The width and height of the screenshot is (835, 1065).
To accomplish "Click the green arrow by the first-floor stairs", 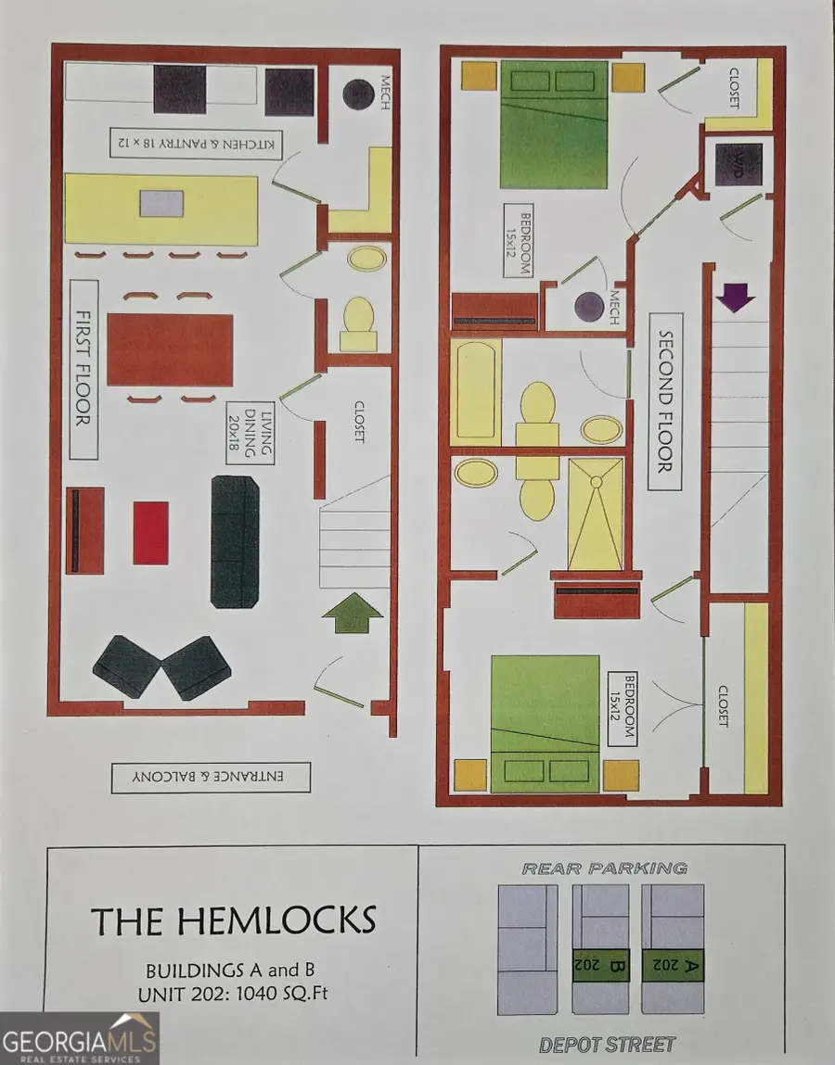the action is pyautogui.click(x=351, y=613).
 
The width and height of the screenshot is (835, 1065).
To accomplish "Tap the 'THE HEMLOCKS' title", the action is pyautogui.click(x=233, y=920).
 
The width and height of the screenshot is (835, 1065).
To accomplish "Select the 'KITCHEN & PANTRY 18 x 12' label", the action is pyautogui.click(x=197, y=144).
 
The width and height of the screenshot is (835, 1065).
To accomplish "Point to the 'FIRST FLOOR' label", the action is pyautogui.click(x=83, y=370).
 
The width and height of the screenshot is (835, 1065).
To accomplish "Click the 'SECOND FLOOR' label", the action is pyautogui.click(x=665, y=401).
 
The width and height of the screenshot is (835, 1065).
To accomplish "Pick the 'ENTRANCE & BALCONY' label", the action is pyautogui.click(x=211, y=777).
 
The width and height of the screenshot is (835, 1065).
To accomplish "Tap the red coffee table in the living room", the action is pyautogui.click(x=151, y=533).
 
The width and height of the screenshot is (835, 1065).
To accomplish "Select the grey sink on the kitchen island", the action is pyautogui.click(x=161, y=204).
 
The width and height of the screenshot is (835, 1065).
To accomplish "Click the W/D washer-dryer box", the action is pyautogui.click(x=738, y=165).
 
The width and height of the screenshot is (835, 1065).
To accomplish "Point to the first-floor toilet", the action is pyautogui.click(x=358, y=324).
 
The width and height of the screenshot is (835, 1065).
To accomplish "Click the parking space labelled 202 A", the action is pyautogui.click(x=673, y=949).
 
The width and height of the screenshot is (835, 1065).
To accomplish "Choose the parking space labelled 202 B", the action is pyautogui.click(x=600, y=949).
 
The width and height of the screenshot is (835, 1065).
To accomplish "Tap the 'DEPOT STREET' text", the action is pyautogui.click(x=607, y=1045).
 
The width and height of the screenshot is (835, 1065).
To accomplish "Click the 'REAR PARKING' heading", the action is pyautogui.click(x=605, y=868).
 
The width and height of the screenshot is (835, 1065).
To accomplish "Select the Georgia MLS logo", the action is pyautogui.click(x=80, y=1038).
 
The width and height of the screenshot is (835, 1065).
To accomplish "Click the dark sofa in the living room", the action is pyautogui.click(x=236, y=541).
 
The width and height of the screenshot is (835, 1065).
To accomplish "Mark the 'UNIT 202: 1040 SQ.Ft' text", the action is pyautogui.click(x=233, y=994).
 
